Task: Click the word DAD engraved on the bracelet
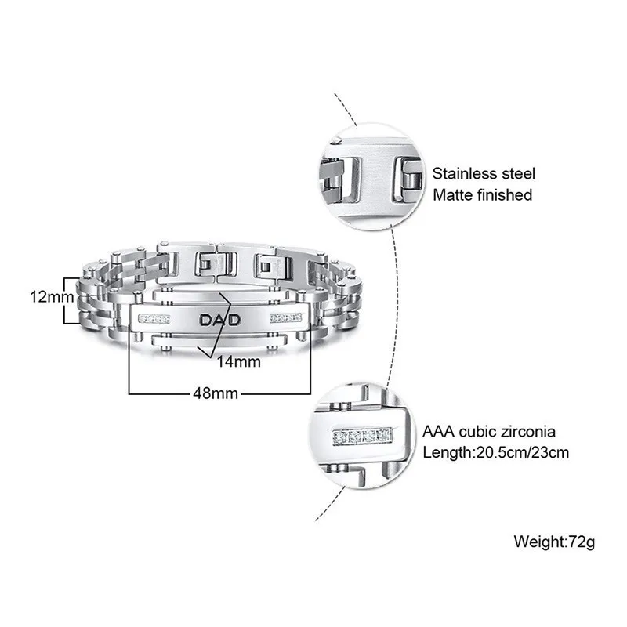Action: pyautogui.click(x=220, y=320)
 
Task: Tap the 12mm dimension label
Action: pyautogui.click(x=52, y=297)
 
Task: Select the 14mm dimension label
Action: pyautogui.click(x=239, y=361)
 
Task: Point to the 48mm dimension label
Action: pyautogui.click(x=216, y=393)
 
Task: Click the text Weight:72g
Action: pyautogui.click(x=554, y=542)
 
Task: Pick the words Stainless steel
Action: pyautogui.click(x=484, y=173)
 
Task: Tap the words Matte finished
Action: pyautogui.click(x=482, y=195)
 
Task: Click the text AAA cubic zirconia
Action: pyautogui.click(x=488, y=432)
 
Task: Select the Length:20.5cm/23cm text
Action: pyautogui.click(x=496, y=453)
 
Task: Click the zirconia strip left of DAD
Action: pyautogui.click(x=154, y=319)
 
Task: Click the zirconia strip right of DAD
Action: pyautogui.click(x=286, y=318)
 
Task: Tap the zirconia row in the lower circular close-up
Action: pyautogui.click(x=362, y=436)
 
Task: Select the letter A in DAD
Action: pyautogui.click(x=220, y=320)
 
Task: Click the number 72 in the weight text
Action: pyautogui.click(x=577, y=542)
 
